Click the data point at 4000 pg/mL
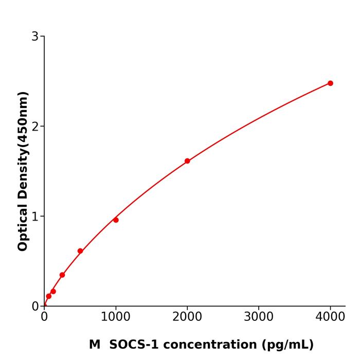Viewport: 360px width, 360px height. (330, 83)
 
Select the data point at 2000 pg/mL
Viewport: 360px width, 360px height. (187, 161)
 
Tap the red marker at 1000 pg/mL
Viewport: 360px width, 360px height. (116, 220)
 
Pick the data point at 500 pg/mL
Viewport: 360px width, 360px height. (80, 251)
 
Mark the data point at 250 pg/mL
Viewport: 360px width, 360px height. (62, 275)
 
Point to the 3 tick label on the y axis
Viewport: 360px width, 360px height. (35, 37)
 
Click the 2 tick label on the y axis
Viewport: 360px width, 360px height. (35, 127)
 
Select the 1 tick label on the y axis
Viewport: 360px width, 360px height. (35, 217)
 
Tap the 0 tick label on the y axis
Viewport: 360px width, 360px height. (35, 307)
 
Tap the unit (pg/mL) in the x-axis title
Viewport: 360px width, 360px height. (288, 345)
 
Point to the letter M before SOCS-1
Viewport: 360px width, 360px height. (95, 345)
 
